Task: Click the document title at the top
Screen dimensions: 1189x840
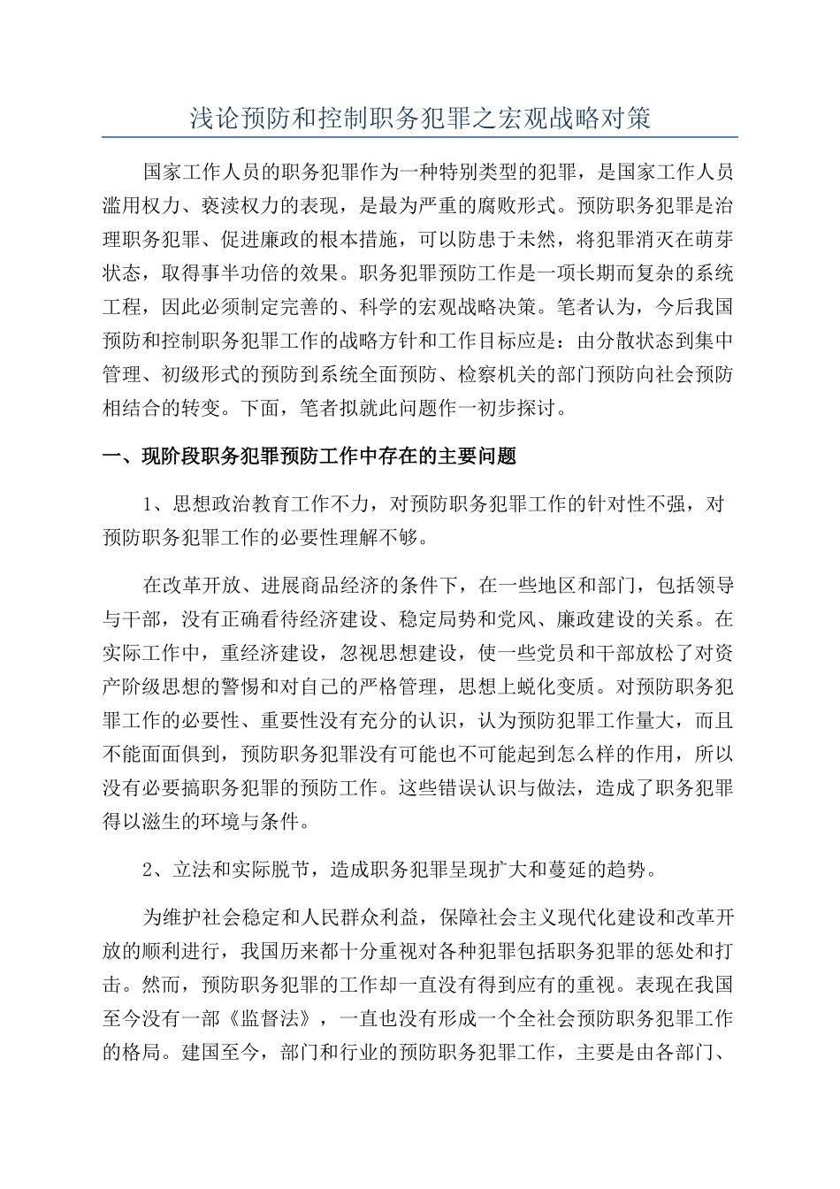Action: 420,118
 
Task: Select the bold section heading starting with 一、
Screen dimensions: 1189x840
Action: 309,456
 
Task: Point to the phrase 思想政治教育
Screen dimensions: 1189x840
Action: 231,503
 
